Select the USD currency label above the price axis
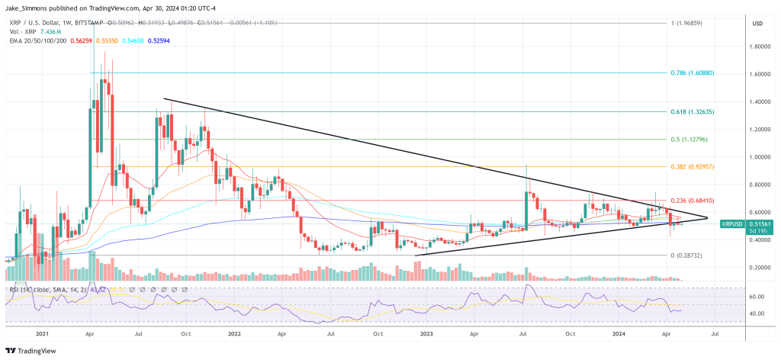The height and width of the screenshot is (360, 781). (758, 24)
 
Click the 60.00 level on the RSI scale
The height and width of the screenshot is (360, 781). (757, 296)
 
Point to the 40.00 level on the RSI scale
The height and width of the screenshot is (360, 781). (757, 313)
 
